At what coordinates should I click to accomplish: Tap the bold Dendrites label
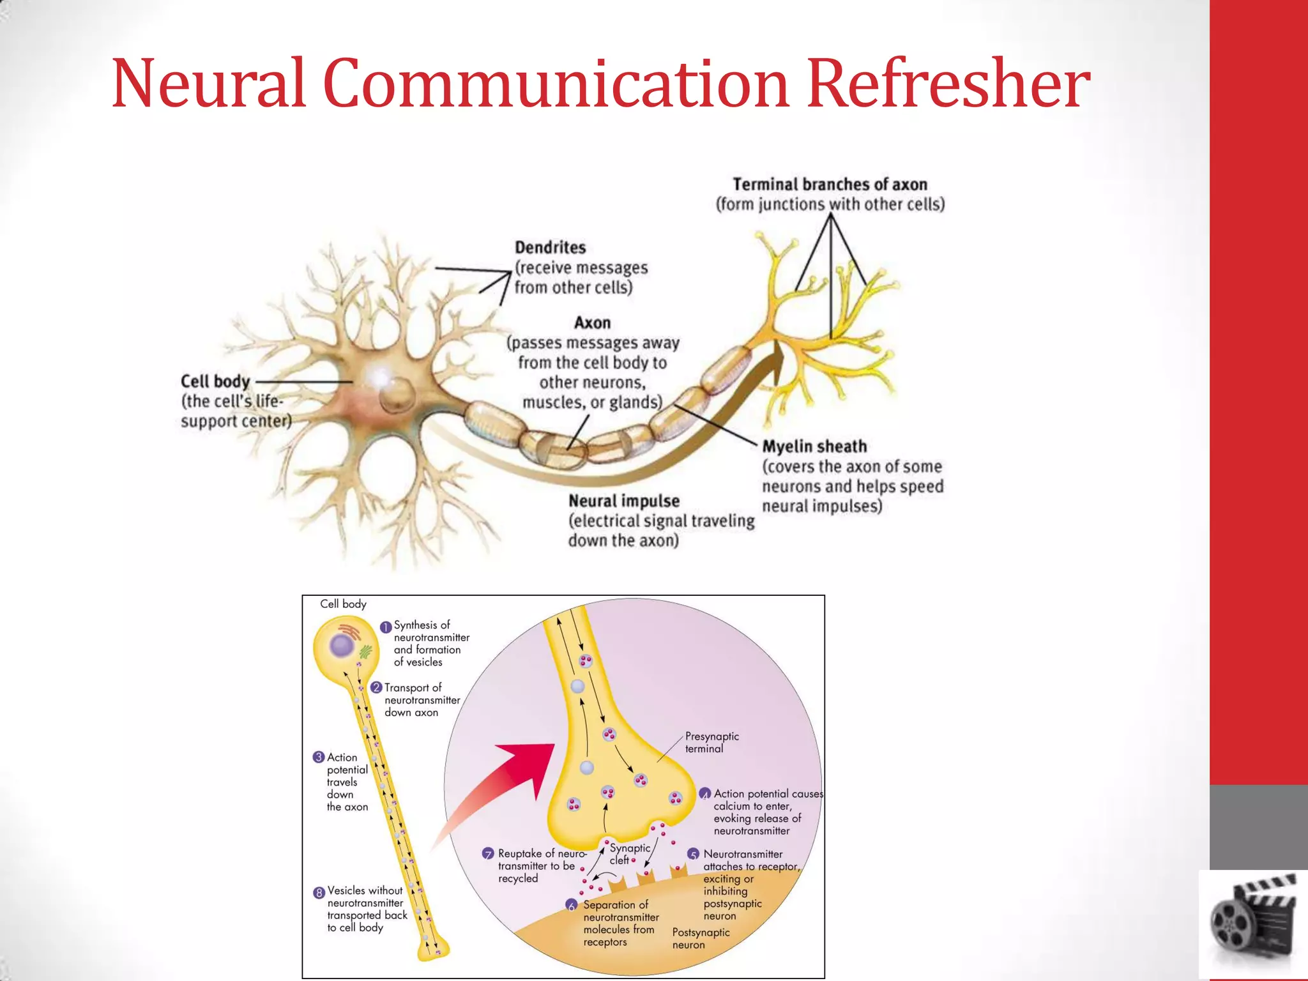550,248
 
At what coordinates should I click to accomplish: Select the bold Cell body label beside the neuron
215,381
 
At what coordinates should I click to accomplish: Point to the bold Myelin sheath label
814,446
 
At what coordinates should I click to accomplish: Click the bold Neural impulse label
623,501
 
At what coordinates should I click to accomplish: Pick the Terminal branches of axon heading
830,185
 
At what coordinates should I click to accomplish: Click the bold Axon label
592,323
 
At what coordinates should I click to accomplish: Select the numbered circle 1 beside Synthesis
386,627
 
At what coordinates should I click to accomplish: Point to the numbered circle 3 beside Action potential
319,757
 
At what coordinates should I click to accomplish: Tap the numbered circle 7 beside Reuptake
488,854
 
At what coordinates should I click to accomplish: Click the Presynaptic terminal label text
711,742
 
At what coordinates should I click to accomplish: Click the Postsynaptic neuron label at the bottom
700,938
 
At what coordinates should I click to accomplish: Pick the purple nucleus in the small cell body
342,646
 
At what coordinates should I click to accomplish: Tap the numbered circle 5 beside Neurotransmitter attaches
694,855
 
